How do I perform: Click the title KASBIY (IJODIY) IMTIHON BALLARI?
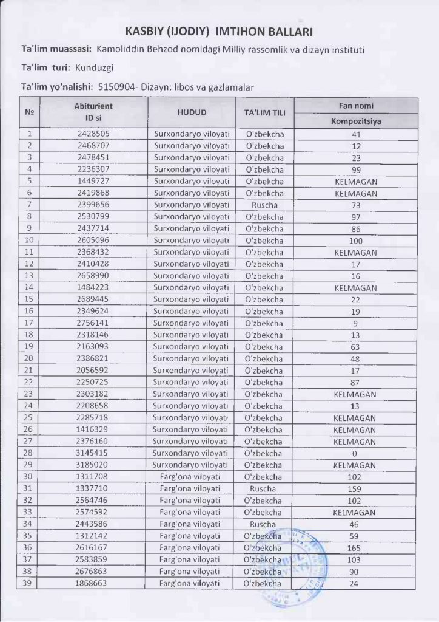coord(219,31)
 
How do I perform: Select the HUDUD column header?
coord(192,112)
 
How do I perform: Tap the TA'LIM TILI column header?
coord(264,113)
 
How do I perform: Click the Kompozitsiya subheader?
coord(355,121)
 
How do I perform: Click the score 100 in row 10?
coord(355,241)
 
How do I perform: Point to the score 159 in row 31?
coord(355,489)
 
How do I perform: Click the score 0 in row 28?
coord(355,453)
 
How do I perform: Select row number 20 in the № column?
coord(29,358)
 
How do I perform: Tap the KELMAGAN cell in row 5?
coord(355,182)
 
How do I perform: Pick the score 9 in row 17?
coord(355,323)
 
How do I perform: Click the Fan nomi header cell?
coord(355,106)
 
